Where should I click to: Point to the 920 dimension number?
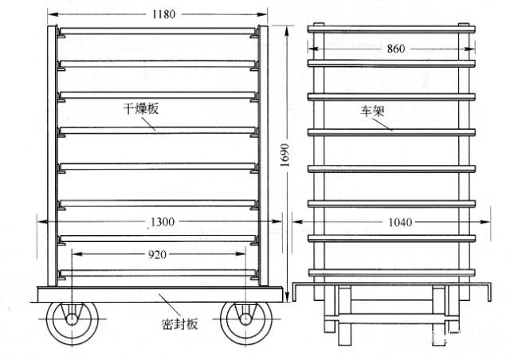tap(158, 256)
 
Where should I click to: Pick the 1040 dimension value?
tap(395, 223)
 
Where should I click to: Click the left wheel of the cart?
tap(71, 320)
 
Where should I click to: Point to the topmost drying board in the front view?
tap(158, 31)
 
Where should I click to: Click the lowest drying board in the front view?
tap(158, 273)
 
